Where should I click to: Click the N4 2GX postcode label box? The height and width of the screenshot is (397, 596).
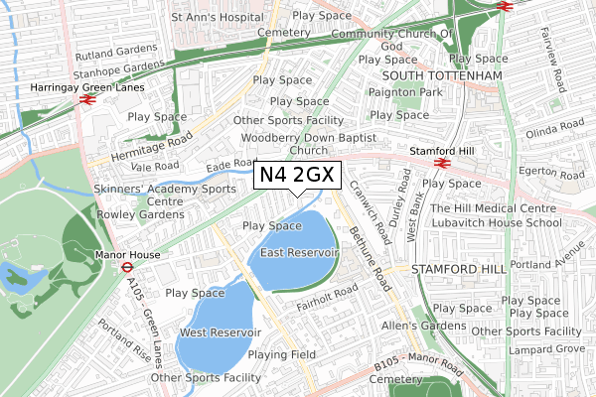299,177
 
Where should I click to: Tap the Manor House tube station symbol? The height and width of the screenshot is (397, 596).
127,267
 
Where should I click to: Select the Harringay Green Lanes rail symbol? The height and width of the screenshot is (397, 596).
87,99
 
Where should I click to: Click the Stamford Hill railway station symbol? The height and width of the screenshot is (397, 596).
442,164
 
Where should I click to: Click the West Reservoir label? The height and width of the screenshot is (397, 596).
221,332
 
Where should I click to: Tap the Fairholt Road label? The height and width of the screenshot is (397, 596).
327,293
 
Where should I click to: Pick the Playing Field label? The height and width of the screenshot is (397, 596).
281,354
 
